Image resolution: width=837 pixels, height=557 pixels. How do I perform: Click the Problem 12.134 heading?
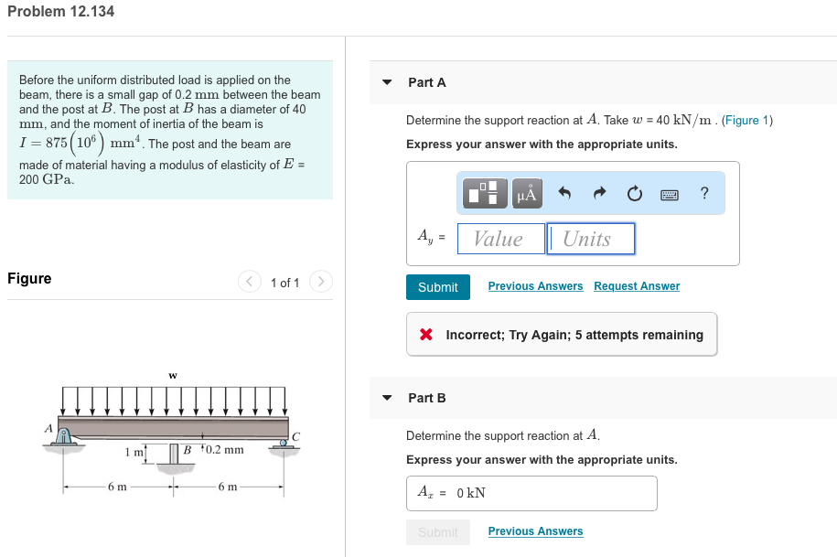click(60, 12)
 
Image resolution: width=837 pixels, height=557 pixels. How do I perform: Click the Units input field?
click(590, 239)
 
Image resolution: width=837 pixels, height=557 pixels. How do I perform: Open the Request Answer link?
click(637, 286)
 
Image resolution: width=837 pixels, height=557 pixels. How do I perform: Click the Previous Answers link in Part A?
click(535, 286)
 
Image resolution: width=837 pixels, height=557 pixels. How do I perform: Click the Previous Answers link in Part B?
click(535, 531)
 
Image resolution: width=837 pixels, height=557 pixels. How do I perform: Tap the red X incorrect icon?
click(426, 335)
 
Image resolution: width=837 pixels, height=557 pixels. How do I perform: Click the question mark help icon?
click(703, 193)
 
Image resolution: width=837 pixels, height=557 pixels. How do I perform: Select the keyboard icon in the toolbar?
click(670, 193)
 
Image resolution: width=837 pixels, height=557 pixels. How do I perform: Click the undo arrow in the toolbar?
click(564, 193)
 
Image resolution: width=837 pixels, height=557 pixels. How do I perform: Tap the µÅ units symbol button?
click(527, 193)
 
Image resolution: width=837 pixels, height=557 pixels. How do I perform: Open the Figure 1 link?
click(747, 120)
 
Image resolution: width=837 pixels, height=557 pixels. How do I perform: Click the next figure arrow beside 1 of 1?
click(321, 283)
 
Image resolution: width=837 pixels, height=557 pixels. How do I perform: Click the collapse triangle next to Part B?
click(387, 398)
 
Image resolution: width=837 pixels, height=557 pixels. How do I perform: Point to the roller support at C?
click(284, 442)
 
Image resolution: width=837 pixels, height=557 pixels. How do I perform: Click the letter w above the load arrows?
click(172, 375)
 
